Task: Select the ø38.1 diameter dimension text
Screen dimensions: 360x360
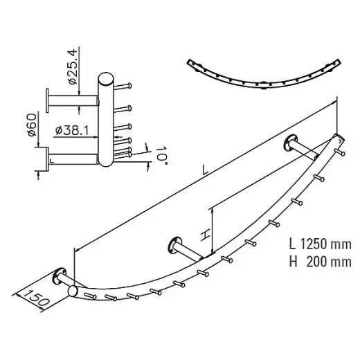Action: (x=72, y=129)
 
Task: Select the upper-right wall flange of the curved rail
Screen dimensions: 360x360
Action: (x=289, y=145)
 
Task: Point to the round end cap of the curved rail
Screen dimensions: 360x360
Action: (x=72, y=291)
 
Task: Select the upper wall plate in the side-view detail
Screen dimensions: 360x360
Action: (x=48, y=100)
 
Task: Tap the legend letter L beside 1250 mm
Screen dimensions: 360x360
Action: (x=293, y=245)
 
